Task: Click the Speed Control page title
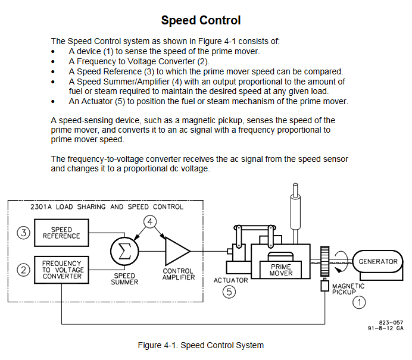click(201, 20)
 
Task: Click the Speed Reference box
click(61, 233)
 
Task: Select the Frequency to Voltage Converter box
click(63, 269)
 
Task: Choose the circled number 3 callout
click(23, 233)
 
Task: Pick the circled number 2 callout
click(23, 270)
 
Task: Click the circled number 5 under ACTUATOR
click(230, 292)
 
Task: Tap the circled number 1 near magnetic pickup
click(359, 302)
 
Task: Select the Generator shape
click(377, 261)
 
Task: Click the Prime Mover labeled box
click(281, 270)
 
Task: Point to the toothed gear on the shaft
click(325, 262)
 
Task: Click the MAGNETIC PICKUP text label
click(348, 289)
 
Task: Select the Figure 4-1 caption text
click(201, 345)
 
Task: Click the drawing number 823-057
click(390, 321)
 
